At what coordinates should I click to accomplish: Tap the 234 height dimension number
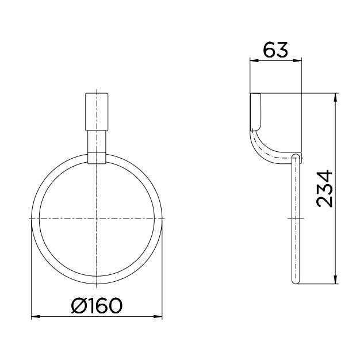[x=324, y=188]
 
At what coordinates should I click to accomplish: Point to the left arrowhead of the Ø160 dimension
[x=34, y=316]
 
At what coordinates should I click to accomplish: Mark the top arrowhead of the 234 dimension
[x=335, y=96]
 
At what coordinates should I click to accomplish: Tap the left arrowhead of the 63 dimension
[x=253, y=60]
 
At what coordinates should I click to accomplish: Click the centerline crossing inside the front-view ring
[x=97, y=219]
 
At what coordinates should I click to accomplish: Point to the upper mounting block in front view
[x=97, y=110]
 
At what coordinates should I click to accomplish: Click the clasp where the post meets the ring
[x=97, y=158]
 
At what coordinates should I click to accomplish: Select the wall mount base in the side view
[x=256, y=110]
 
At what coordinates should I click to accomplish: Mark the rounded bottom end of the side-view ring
[x=296, y=281]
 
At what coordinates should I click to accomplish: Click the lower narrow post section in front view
[x=97, y=141]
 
